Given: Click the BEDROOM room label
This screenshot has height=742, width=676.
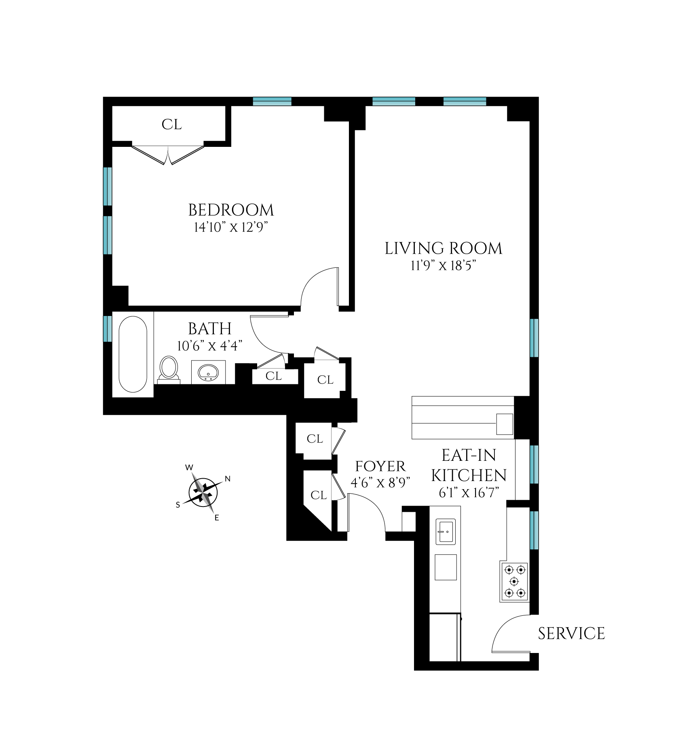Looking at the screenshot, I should point(231,210).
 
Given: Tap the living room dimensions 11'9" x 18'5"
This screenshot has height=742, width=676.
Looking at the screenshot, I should point(443,266).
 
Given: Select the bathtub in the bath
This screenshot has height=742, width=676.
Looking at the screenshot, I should point(133,354).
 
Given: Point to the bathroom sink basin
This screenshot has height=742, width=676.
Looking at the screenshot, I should point(208,371).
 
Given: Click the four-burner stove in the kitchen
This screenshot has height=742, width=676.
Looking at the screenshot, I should point(515,581).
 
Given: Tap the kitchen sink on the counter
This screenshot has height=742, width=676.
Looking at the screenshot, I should point(446,531).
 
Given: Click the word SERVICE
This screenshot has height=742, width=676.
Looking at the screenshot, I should point(571,634).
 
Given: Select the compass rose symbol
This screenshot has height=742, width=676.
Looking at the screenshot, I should point(203,492).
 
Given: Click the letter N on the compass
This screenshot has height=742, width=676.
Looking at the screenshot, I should point(228,479).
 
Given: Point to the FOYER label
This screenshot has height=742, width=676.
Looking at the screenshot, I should point(380,466).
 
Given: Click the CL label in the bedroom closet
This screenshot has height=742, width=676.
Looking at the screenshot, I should point(171,125).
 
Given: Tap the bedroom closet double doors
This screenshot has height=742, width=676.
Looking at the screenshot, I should point(168,155).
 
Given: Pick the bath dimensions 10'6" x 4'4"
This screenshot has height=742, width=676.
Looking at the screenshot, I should point(209,346).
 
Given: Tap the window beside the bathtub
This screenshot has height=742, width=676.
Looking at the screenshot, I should point(107,329).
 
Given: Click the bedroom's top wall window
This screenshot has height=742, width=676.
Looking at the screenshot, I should point(272,101).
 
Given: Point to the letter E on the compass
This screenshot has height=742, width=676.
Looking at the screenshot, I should point(217,518).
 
